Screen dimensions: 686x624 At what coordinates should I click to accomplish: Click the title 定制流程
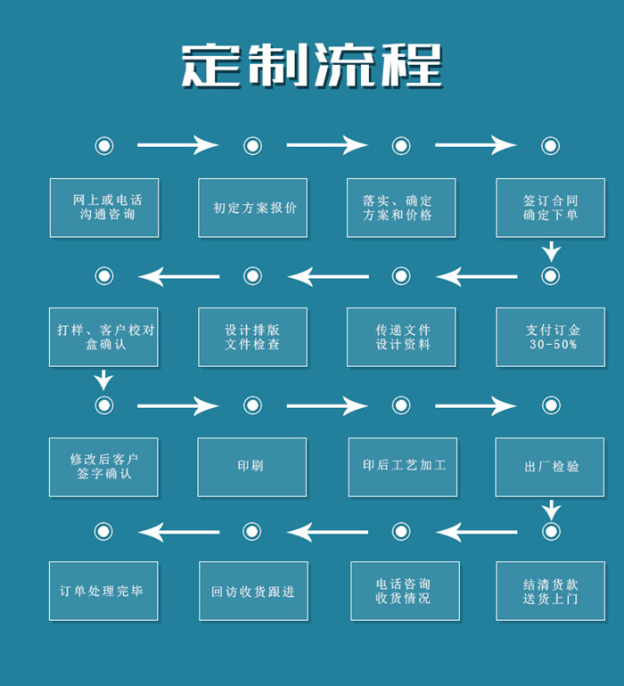(x=312, y=66)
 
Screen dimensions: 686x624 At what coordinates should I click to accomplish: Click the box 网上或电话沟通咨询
(x=104, y=208)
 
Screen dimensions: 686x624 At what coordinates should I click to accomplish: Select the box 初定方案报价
(x=252, y=208)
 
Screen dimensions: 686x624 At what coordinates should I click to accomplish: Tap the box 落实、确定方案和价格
(x=401, y=208)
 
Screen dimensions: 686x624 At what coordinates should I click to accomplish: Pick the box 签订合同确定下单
(x=550, y=208)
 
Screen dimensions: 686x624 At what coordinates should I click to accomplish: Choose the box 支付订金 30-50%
(x=550, y=337)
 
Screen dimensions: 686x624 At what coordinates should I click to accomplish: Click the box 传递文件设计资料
(x=401, y=337)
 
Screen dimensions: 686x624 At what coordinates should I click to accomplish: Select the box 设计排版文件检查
(x=252, y=337)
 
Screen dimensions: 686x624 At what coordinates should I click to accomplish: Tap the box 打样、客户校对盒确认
(x=104, y=337)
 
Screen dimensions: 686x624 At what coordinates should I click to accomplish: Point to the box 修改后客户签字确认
(x=104, y=467)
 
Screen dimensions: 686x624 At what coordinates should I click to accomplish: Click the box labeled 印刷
(x=252, y=467)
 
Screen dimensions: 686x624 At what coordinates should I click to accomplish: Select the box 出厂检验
(x=550, y=467)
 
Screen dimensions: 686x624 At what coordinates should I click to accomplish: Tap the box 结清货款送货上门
(x=550, y=591)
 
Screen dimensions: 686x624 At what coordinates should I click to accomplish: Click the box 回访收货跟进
(x=253, y=591)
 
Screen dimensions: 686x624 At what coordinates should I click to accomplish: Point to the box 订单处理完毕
(x=103, y=591)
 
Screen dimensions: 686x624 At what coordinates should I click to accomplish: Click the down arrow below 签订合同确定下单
(x=551, y=251)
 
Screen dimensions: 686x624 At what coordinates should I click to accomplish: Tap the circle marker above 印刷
(x=252, y=405)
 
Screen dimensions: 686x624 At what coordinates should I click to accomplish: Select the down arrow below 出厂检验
(x=551, y=510)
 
